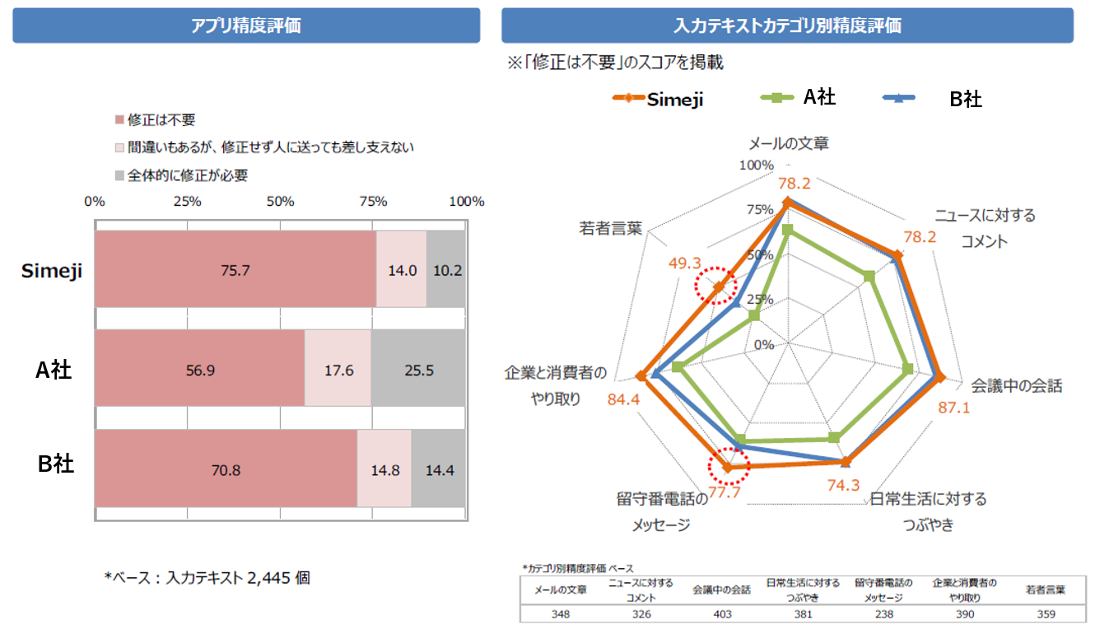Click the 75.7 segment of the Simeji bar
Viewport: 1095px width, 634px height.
[235, 270]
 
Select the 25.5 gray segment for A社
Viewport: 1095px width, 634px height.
[418, 370]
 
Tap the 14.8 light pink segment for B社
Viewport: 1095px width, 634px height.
[384, 470]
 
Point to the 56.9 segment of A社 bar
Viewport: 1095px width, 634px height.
[200, 370]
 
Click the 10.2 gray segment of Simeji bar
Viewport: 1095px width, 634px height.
[446, 270]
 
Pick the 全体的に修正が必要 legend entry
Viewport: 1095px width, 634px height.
[181, 175]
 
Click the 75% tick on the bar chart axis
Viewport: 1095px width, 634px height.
[374, 202]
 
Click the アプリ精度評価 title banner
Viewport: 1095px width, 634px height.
[246, 26]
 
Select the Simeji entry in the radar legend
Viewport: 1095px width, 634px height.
[659, 99]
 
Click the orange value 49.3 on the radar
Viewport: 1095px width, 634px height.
[684, 263]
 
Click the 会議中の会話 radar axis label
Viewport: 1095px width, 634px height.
[1017, 385]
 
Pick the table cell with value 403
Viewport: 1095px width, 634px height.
[720, 613]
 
